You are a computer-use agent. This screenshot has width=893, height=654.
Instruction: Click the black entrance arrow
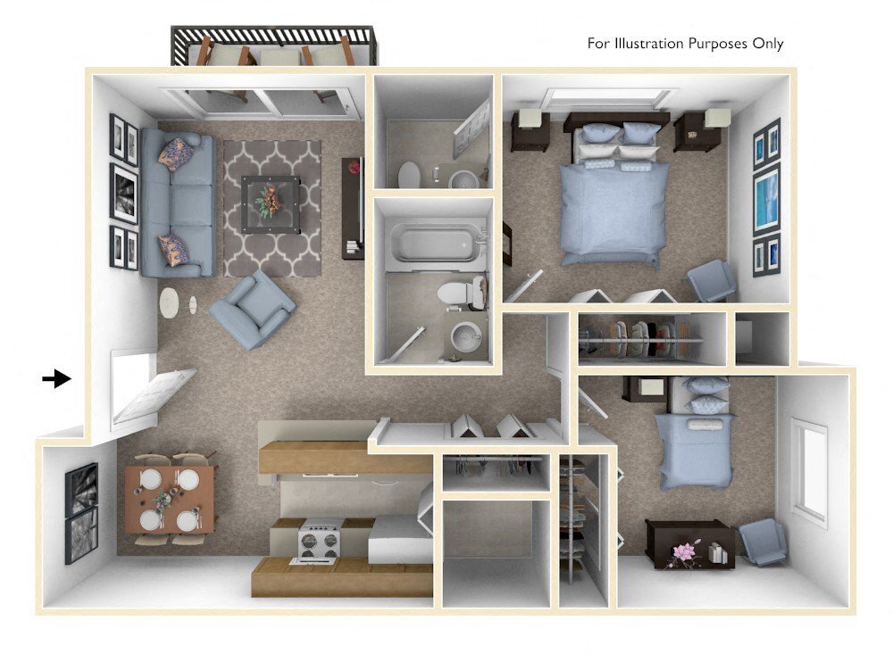tap(56, 378)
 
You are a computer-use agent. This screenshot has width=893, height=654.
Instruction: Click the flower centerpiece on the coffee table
tap(267, 203)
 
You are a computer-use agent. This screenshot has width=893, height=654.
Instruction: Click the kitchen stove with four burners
tap(320, 541)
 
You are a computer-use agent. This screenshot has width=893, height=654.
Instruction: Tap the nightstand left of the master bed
tap(530, 130)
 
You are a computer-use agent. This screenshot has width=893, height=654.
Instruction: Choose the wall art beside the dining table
tap(80, 514)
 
